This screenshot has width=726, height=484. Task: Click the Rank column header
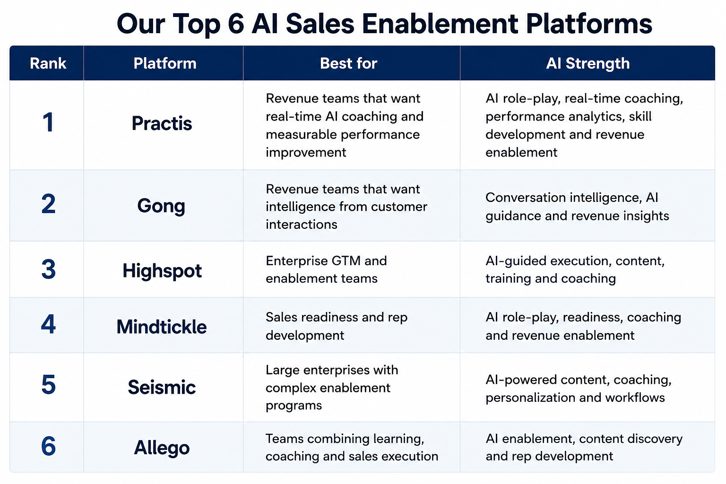(x=48, y=63)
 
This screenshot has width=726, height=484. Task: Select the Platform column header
(x=165, y=63)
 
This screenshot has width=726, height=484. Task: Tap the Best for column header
(x=348, y=63)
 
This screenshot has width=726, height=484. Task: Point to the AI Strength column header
(x=588, y=63)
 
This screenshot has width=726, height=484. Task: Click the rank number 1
(x=48, y=122)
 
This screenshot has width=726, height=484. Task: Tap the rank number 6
(x=48, y=446)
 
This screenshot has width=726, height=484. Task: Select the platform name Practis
(x=162, y=123)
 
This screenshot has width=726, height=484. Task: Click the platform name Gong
(x=161, y=207)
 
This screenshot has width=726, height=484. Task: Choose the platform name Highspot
(x=162, y=271)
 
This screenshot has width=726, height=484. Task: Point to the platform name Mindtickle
(x=161, y=327)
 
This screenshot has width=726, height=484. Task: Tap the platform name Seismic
(x=162, y=387)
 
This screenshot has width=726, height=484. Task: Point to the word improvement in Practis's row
(x=306, y=153)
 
